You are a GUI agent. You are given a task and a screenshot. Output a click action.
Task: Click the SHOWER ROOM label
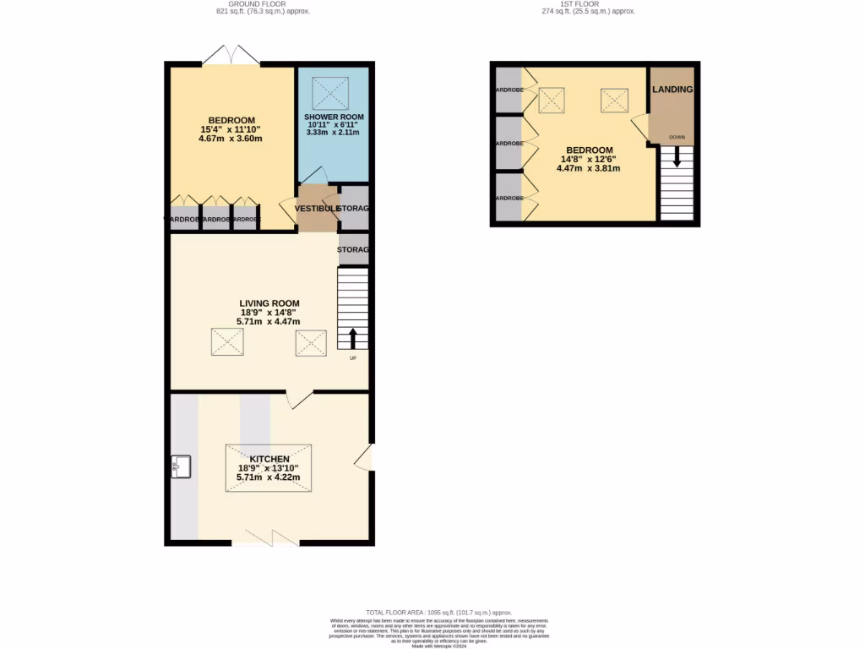click(334, 117)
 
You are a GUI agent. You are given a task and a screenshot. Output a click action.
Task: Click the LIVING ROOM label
click(269, 303)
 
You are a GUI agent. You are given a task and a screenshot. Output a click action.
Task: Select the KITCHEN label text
click(269, 459)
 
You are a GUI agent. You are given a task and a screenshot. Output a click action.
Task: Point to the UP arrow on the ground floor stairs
click(353, 338)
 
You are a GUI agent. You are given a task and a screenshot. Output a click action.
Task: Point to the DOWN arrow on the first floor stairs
click(677, 157)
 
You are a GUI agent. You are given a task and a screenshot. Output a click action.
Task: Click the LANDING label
click(672, 90)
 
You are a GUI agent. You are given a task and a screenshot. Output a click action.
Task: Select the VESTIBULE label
click(317, 209)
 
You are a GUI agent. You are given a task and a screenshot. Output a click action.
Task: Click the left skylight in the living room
click(227, 343)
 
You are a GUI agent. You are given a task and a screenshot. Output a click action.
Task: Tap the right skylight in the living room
click(310, 343)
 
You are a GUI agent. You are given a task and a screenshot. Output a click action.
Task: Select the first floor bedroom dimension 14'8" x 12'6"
click(588, 159)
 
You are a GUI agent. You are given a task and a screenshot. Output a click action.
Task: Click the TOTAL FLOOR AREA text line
click(438, 612)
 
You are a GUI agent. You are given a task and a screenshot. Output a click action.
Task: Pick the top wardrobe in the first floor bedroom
click(509, 90)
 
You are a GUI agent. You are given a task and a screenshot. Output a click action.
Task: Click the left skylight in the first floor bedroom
click(552, 101)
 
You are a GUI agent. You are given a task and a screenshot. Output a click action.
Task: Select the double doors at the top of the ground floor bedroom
click(231, 56)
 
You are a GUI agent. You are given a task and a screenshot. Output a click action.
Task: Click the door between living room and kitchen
click(300, 399)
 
